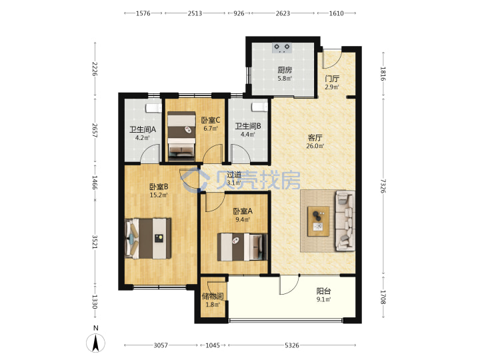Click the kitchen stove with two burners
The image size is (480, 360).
[282, 48]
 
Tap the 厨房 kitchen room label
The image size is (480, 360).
[285, 70]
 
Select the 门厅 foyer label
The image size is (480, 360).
[332, 79]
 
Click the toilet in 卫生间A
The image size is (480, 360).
[154, 108]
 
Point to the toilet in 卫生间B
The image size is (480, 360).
[259, 107]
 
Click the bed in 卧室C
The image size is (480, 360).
[181, 136]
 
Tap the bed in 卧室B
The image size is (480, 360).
[148, 238]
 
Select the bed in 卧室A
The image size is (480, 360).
[242, 247]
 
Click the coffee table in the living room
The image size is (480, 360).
[319, 221]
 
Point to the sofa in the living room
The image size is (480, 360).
[345, 221]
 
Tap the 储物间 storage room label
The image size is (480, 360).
[213, 296]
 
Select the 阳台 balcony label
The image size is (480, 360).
[323, 291]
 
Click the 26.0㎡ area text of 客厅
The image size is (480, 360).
[315, 146]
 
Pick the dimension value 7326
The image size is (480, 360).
[383, 186]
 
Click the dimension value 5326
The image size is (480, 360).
[292, 345]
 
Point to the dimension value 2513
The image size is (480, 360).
[195, 13]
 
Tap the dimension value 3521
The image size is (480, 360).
[95, 242]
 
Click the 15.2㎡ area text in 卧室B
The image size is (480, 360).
[159, 195]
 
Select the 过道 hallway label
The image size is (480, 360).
[234, 175]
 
